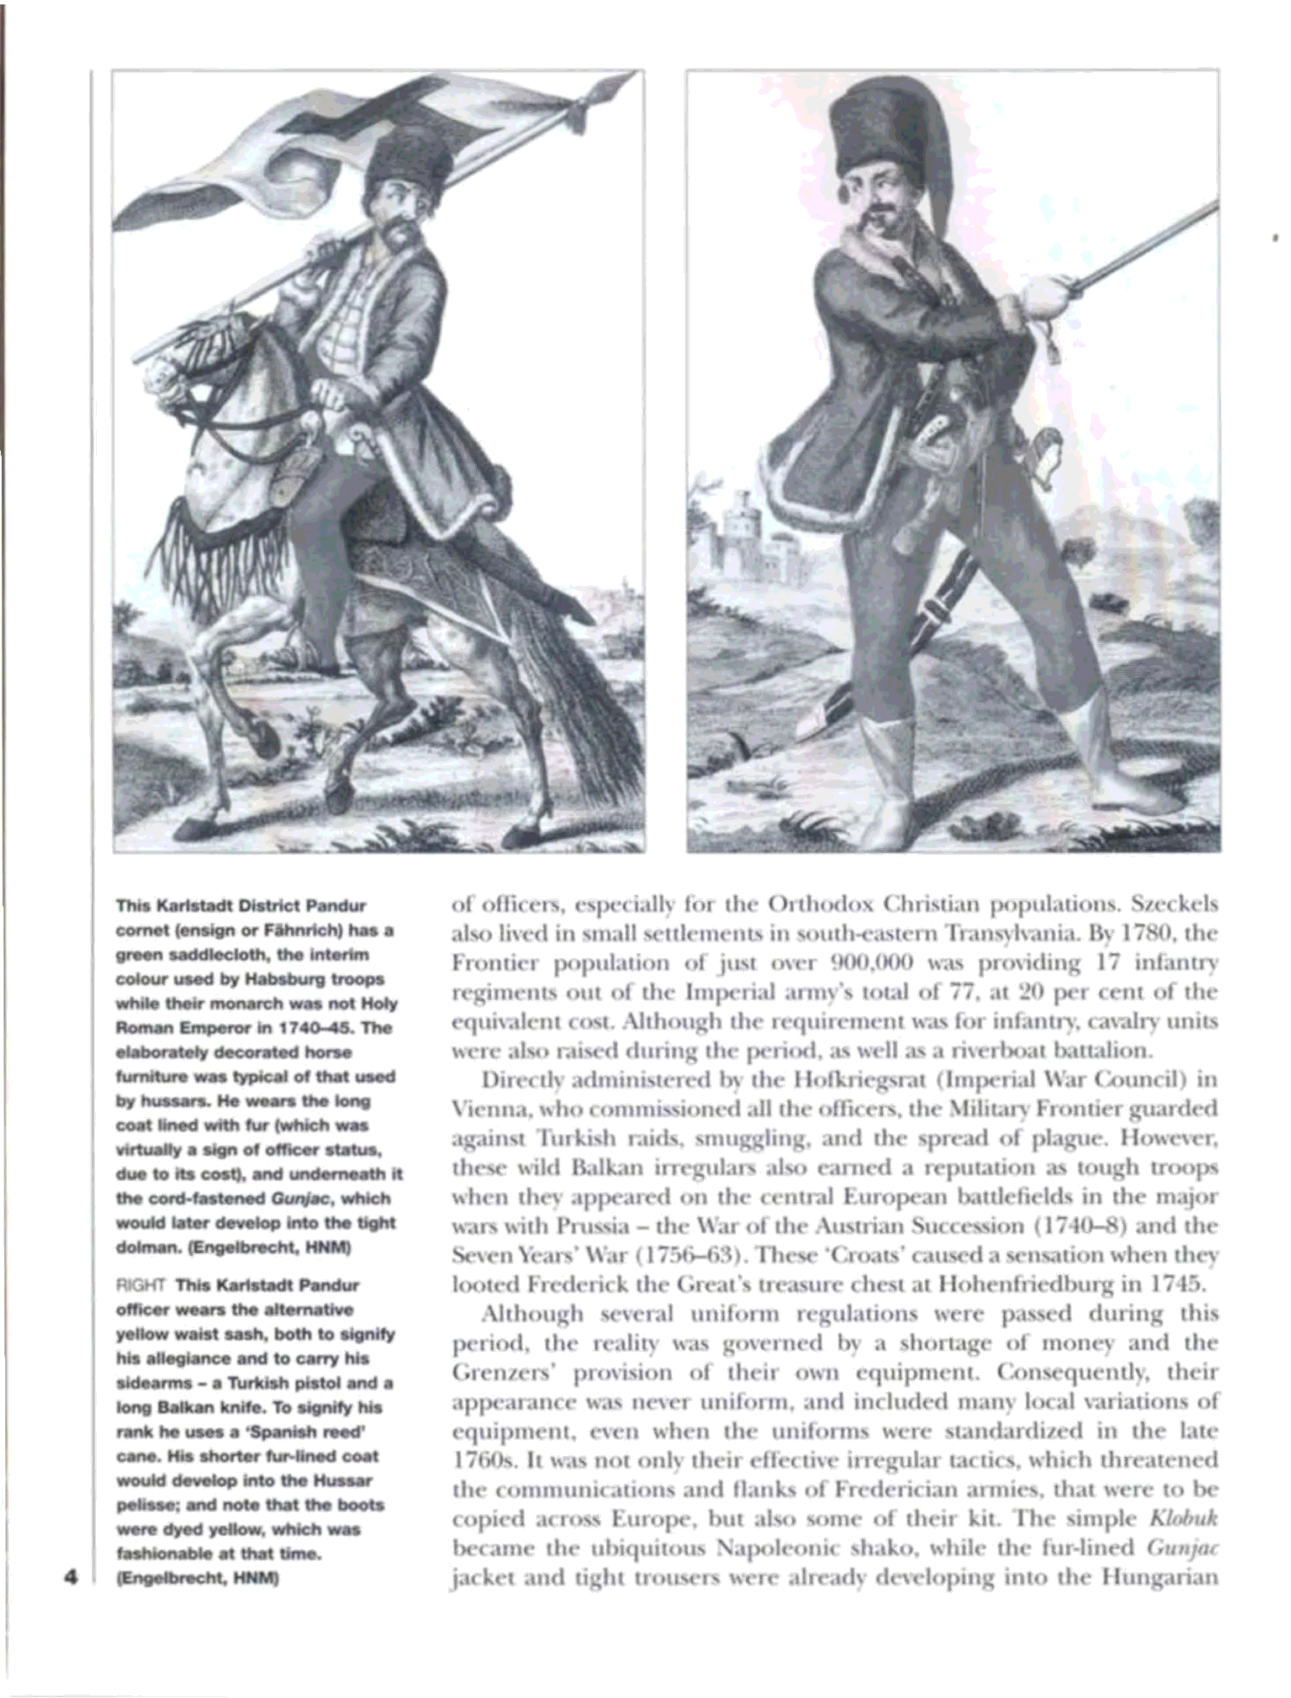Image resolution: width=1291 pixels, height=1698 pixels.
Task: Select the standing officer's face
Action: pos(884,208)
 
